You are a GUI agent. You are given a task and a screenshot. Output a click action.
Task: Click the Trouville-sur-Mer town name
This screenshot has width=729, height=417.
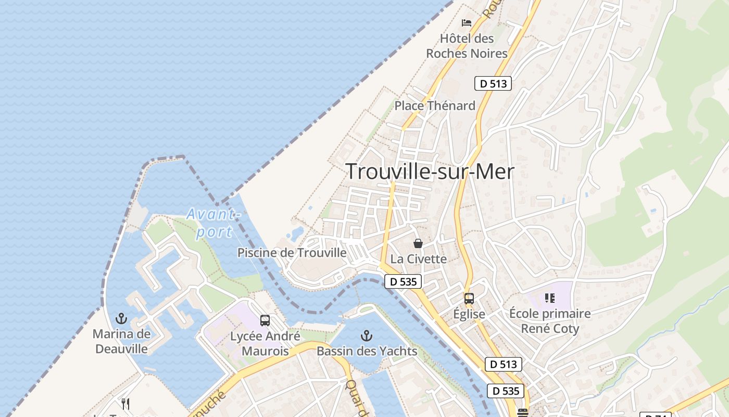click(x=430, y=171)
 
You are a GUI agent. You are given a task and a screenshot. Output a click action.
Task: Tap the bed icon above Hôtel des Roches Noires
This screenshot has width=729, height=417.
click(x=467, y=22)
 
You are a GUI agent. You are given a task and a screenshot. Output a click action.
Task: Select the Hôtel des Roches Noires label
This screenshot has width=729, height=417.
click(x=467, y=46)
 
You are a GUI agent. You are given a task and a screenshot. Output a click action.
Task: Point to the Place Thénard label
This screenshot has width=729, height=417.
click(x=435, y=106)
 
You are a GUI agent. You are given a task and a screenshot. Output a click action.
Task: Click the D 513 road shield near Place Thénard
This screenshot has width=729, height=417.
click(x=493, y=83)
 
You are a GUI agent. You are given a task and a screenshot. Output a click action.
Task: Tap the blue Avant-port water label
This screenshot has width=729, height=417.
click(x=214, y=223)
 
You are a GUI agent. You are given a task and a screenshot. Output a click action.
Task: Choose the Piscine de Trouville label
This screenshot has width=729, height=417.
click(x=292, y=253)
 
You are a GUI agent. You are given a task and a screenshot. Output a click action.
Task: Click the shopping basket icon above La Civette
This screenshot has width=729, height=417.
click(x=418, y=243)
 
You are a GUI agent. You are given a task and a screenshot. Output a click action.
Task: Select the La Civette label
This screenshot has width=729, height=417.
click(x=419, y=259)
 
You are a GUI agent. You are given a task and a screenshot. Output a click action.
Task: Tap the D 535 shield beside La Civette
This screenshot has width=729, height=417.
click(x=403, y=282)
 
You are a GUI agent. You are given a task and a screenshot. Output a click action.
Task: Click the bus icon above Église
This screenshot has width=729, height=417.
click(x=469, y=299)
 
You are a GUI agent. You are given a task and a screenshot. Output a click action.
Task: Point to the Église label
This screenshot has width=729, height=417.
click(x=469, y=314)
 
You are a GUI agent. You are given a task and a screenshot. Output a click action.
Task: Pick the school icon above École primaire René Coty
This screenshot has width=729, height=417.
click(x=549, y=298)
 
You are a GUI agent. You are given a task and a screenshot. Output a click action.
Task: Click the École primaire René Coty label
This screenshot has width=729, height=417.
click(x=550, y=321)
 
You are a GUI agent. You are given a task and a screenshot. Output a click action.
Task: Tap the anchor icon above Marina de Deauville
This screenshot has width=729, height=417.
click(x=121, y=318)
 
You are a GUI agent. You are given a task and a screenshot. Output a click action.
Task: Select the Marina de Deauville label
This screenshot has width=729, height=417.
click(x=121, y=341)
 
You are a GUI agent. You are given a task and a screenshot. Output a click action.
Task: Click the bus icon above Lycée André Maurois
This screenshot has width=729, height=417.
click(x=265, y=321)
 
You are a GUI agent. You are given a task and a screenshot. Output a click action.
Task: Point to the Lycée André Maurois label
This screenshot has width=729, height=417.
click(x=265, y=344)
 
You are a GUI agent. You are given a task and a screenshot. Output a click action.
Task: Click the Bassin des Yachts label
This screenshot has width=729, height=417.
click(x=367, y=351)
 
